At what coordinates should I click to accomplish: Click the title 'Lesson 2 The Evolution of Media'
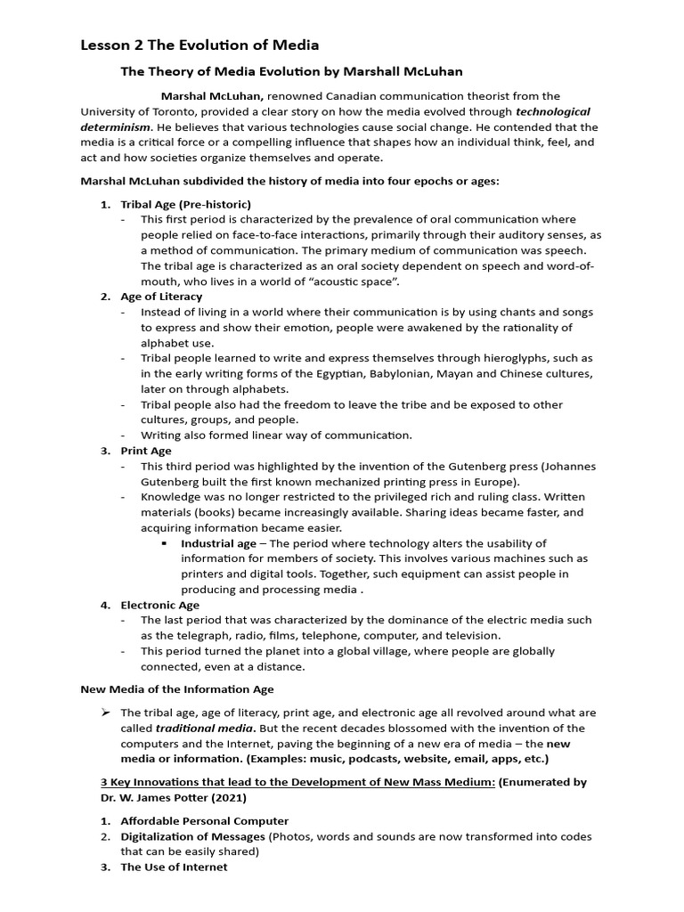[199, 45]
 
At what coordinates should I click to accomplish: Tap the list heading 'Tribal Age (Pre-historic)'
[186, 204]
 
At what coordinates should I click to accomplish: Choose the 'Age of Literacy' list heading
[161, 297]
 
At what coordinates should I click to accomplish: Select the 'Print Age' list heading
[146, 451]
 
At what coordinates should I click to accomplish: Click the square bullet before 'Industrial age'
[165, 543]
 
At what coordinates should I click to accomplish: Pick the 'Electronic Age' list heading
[160, 605]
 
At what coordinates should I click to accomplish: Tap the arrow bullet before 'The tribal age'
[106, 712]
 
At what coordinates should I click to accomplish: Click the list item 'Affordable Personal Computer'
[205, 820]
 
